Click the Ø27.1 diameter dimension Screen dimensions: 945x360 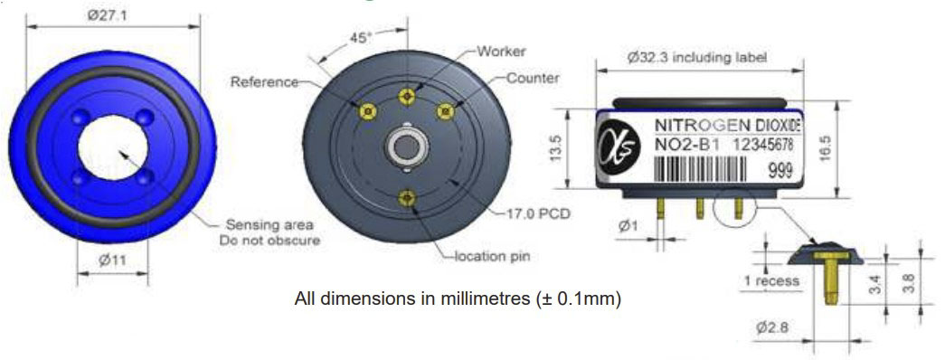tap(108, 15)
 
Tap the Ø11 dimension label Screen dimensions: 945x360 tap(112, 261)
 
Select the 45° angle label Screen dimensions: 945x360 tap(361, 37)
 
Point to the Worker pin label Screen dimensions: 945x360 tap(501, 52)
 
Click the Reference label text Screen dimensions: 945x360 tap(264, 81)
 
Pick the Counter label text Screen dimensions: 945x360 tap(533, 78)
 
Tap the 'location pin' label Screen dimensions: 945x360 tap(493, 257)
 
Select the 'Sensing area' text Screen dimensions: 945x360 tap(269, 225)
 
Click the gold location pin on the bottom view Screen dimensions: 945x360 tap(408, 197)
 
